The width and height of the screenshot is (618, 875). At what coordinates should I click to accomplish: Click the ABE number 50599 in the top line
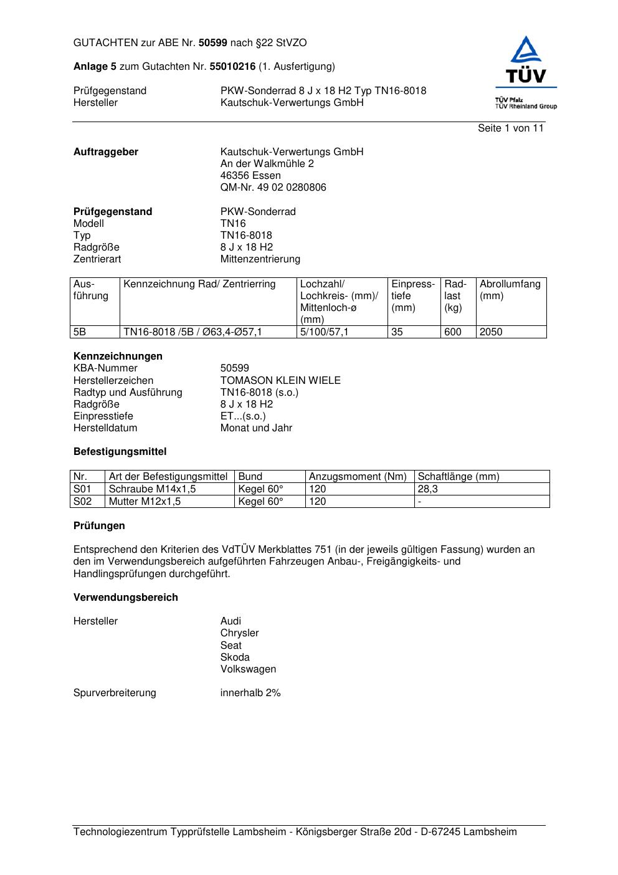coord(213,43)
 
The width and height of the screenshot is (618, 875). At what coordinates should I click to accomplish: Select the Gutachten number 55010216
coord(232,66)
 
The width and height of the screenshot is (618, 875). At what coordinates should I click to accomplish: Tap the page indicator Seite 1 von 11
coord(510,128)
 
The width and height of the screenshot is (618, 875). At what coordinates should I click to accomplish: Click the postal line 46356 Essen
coord(250,176)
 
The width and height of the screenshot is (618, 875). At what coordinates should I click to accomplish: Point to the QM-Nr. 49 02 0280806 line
coord(273,188)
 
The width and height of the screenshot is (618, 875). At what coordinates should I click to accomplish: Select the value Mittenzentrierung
coord(260,259)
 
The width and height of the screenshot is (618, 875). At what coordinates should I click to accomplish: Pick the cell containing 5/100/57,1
coord(324,332)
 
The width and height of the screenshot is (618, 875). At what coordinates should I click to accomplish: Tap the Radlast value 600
coord(453,332)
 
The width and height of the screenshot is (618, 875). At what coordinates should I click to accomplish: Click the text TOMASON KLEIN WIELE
coord(280,380)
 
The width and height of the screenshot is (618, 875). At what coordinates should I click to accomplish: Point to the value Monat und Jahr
coord(256,428)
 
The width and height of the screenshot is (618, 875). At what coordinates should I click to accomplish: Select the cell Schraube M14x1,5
coord(152,489)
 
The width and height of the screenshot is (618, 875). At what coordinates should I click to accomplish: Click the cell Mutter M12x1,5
coord(145,501)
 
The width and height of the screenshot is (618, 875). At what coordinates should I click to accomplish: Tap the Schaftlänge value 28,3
coord(428,489)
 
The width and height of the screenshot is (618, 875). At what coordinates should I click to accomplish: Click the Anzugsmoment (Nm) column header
coord(358,477)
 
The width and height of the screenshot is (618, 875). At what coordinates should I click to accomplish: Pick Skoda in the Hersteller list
coord(235,657)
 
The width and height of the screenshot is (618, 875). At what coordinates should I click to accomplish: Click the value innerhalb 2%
coord(250,693)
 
